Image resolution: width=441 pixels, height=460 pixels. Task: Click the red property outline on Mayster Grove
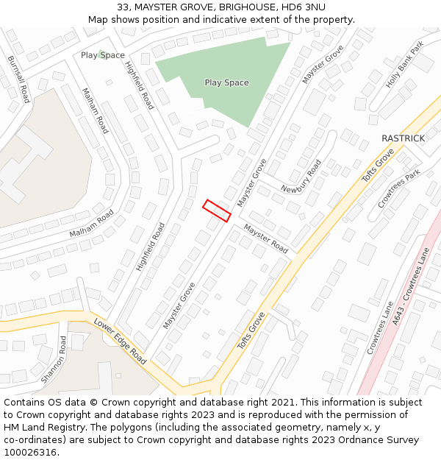click(217, 210)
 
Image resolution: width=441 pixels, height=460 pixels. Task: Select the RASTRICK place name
click(403, 138)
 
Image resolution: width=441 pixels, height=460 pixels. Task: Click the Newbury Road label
click(301, 178)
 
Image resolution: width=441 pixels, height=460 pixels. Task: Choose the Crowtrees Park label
click(398, 189)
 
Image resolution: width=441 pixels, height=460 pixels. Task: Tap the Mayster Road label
click(266, 238)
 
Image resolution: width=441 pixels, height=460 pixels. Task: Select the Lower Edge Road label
click(120, 342)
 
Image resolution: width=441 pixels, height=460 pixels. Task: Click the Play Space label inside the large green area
click(226, 82)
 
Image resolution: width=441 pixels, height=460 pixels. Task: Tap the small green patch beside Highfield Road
click(101, 52)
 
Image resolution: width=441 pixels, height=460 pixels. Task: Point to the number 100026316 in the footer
click(30, 453)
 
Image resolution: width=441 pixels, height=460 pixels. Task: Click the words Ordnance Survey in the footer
click(382, 440)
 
